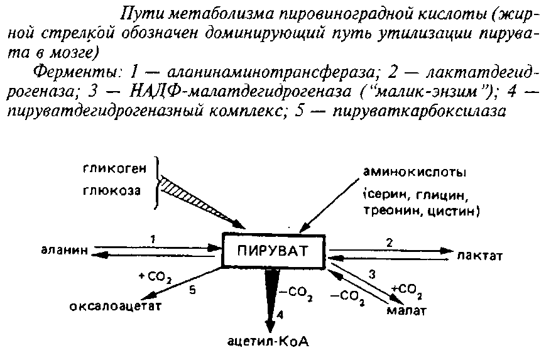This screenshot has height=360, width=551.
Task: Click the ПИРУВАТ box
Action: tap(275, 251)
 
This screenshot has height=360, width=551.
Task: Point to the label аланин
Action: tap(63, 252)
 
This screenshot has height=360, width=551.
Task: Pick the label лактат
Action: tap(480, 255)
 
